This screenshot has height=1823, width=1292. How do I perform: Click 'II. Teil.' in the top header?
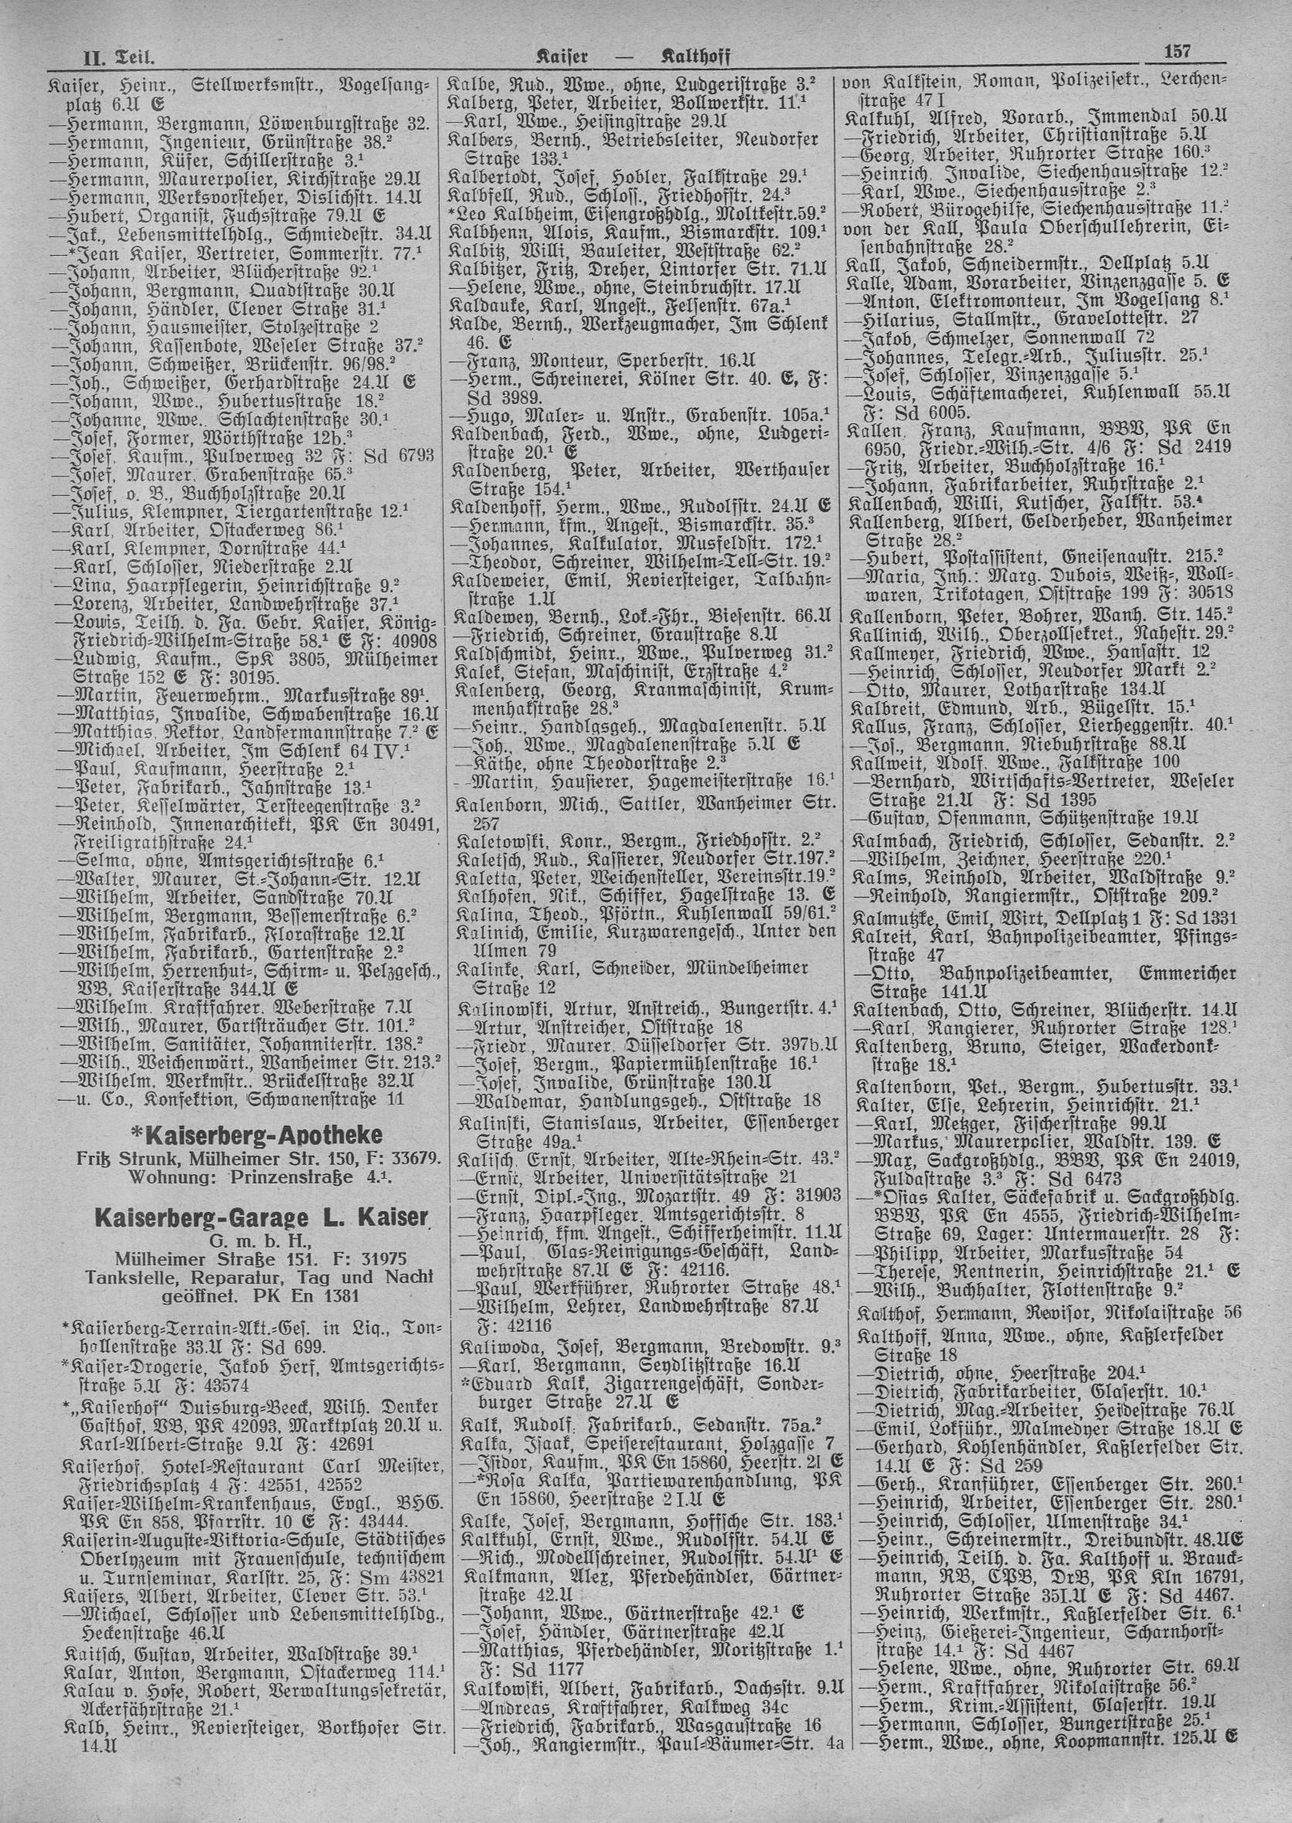click(118, 58)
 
